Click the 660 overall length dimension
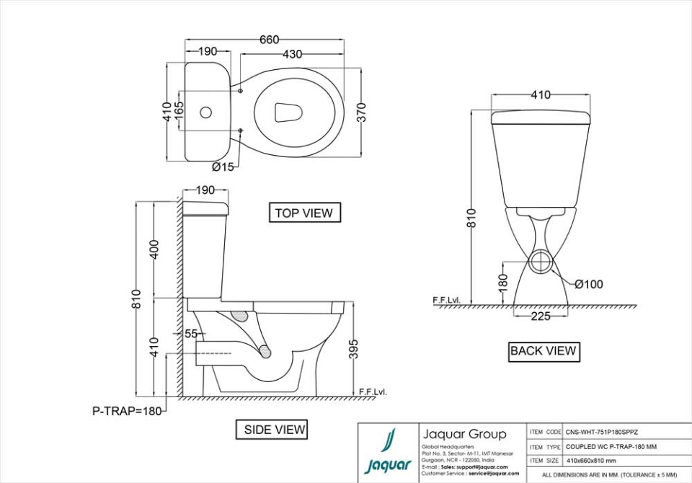(269, 40)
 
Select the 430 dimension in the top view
(292, 54)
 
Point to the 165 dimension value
(179, 112)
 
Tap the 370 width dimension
(362, 112)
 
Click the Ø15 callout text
(223, 167)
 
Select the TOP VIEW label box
(304, 213)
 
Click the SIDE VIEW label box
(275, 430)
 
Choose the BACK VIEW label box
(543, 351)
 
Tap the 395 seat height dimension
(352, 350)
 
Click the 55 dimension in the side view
(190, 334)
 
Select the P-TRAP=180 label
(127, 411)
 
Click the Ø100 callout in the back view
(588, 284)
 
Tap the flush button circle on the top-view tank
(206, 112)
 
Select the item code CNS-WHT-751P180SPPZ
(602, 432)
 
